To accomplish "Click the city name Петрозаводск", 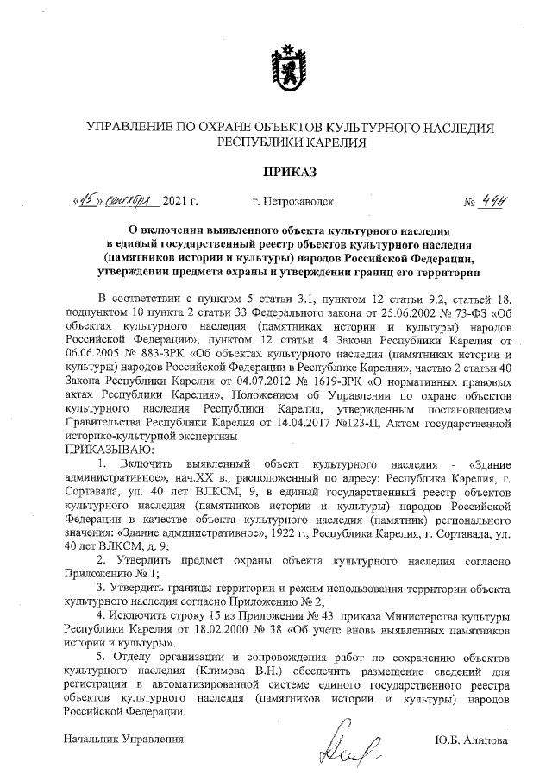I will [292, 204].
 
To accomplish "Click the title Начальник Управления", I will [125, 740].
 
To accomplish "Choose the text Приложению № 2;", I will [278, 601].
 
